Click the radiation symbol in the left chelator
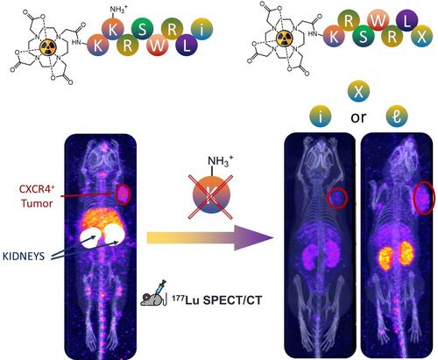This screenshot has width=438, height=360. [x=47, y=47]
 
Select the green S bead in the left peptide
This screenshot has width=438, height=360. [x=143, y=30]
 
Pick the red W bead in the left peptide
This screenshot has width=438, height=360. [x=158, y=45]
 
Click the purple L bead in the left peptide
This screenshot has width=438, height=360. [x=187, y=45]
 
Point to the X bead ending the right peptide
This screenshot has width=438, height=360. [x=421, y=36]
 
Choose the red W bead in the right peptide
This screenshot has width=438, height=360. [x=378, y=20]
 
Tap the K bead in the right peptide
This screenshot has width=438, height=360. [x=334, y=36]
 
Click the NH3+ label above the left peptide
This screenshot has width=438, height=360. [x=118, y=9]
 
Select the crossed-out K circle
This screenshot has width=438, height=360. [x=210, y=195]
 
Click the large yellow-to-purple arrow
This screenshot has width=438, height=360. [x=209, y=237]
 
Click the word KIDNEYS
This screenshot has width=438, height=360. [x=24, y=256]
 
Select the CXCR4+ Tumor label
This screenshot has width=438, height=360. [x=37, y=195]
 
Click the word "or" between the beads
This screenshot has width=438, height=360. [x=358, y=117]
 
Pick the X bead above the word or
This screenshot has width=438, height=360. [x=358, y=91]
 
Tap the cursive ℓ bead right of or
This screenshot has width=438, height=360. [x=397, y=116]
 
